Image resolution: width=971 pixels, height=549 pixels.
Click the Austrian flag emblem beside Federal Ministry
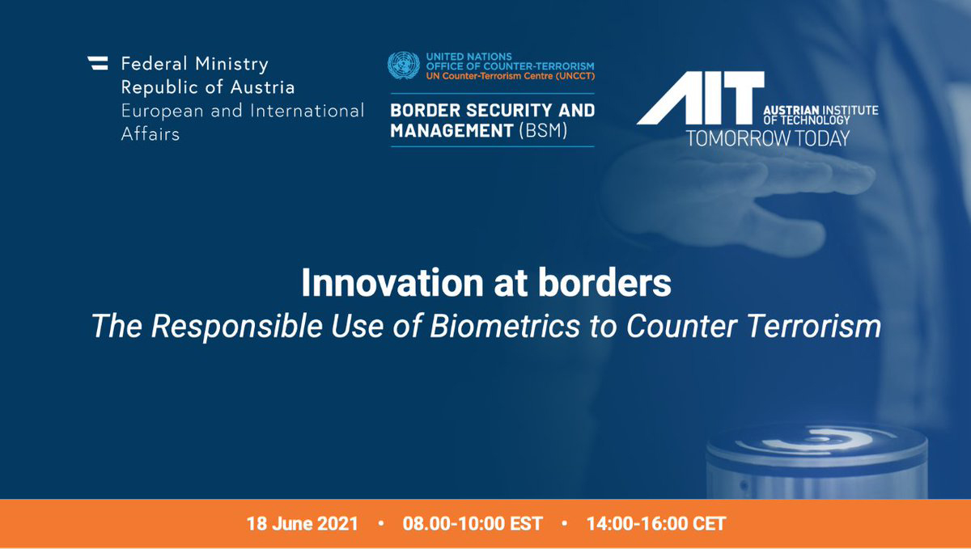point(98,63)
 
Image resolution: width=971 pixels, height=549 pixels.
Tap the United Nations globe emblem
point(404,65)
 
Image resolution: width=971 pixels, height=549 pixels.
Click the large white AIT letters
point(701,98)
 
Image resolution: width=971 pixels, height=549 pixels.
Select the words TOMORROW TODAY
point(768,138)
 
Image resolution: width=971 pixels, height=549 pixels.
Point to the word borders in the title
point(605,283)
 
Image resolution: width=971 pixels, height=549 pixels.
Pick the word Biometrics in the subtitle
point(505,326)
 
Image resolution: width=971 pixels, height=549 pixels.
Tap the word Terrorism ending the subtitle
point(815,326)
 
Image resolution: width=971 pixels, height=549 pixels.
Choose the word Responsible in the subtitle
point(237,327)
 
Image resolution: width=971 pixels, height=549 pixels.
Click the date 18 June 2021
point(302,524)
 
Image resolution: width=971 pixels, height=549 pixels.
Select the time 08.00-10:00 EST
point(473,524)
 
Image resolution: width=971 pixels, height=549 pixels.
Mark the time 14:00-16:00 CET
point(656,524)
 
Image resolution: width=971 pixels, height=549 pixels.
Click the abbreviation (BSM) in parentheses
point(544,130)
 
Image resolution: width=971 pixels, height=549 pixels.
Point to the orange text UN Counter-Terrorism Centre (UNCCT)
point(511,76)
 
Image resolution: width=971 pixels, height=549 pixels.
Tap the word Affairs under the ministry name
point(151,134)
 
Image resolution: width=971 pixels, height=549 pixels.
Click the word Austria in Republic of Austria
point(263,87)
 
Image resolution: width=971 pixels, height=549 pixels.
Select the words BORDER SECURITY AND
point(493,111)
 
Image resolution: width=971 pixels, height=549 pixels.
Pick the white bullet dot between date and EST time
point(380,523)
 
